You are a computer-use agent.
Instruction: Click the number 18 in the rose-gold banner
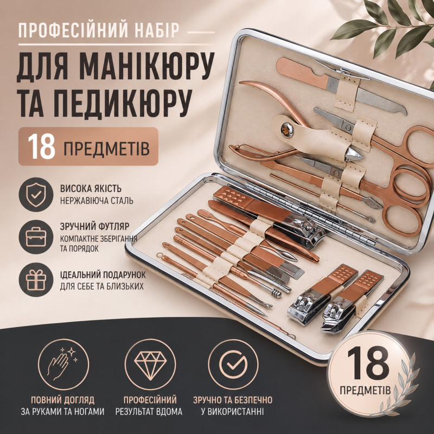coord(42,146)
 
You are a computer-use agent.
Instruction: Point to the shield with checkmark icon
coord(36,195)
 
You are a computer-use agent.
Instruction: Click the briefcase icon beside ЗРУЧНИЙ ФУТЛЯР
coord(36,237)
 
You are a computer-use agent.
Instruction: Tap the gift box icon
coord(36,279)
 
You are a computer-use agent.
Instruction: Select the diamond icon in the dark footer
coord(150,364)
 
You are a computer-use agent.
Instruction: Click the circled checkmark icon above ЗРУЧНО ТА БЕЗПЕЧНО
coord(233,364)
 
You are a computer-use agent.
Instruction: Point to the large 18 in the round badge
coord(368,363)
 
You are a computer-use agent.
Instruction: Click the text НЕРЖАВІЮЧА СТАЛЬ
coord(97,201)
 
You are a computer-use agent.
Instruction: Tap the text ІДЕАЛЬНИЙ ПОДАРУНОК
coord(103,275)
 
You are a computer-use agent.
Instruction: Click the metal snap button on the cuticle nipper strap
coord(286,130)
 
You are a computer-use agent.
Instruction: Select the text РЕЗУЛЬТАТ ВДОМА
coord(149,412)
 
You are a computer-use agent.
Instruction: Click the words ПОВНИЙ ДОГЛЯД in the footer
coord(62,400)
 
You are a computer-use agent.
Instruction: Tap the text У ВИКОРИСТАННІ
coord(233,412)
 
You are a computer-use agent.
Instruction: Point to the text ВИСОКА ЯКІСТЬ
coord(91,188)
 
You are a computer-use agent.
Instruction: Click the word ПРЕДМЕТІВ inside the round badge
coord(365,390)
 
